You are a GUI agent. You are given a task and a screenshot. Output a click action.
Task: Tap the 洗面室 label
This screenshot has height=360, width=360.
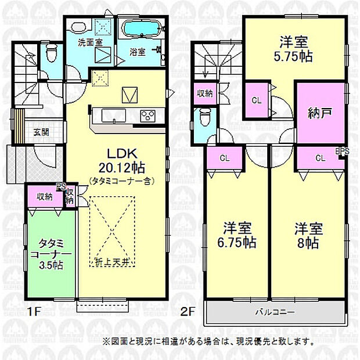coord(90,42)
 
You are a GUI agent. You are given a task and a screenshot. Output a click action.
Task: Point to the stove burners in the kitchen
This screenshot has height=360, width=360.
coord(147,116)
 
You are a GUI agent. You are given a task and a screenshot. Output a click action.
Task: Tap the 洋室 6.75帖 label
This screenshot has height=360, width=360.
coord(238,235)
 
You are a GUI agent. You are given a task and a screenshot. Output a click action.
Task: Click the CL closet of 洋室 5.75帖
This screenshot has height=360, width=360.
coord(255,100)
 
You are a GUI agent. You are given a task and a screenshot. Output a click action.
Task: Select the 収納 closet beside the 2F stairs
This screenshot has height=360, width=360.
coord(204,93)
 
